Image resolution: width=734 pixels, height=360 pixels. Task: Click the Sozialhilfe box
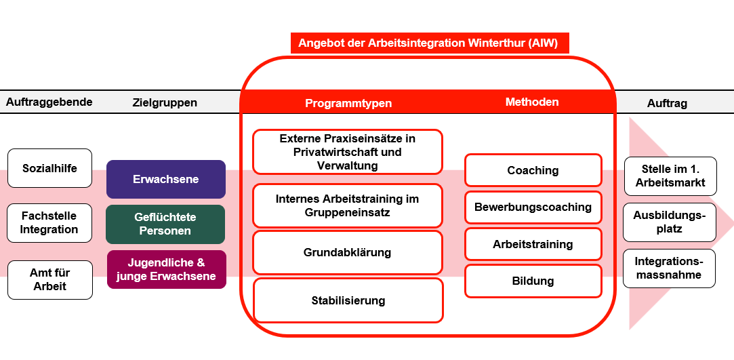click(49, 168)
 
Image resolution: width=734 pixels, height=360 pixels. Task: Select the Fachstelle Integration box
click(49, 222)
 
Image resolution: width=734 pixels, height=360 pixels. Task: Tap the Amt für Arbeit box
click(49, 279)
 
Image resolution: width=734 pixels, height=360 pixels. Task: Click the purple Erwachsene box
click(165, 179)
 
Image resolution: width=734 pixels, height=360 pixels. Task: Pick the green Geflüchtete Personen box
click(165, 224)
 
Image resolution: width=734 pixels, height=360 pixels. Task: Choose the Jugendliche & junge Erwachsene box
click(166, 269)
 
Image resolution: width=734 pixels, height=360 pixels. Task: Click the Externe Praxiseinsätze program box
click(347, 152)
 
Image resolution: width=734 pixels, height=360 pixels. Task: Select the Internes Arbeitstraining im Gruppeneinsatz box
click(347, 205)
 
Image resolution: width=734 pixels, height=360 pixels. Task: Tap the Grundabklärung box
click(347, 252)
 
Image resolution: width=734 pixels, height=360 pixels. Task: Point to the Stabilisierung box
click(348, 300)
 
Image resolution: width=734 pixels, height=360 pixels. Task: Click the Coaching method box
click(533, 170)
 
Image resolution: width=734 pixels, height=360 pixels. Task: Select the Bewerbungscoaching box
click(533, 207)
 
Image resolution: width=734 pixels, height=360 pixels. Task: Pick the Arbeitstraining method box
click(533, 244)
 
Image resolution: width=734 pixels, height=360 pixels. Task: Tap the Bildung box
click(533, 281)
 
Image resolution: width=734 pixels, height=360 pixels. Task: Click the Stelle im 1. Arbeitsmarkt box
click(669, 176)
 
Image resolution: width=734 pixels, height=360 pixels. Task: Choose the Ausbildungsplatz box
click(669, 222)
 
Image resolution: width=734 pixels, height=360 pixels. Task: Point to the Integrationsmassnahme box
click(669, 268)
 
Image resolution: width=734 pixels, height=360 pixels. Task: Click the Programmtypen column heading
click(348, 103)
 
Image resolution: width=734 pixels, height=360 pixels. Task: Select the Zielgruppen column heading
click(165, 102)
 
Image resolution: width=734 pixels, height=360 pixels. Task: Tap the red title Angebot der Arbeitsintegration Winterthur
click(429, 43)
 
